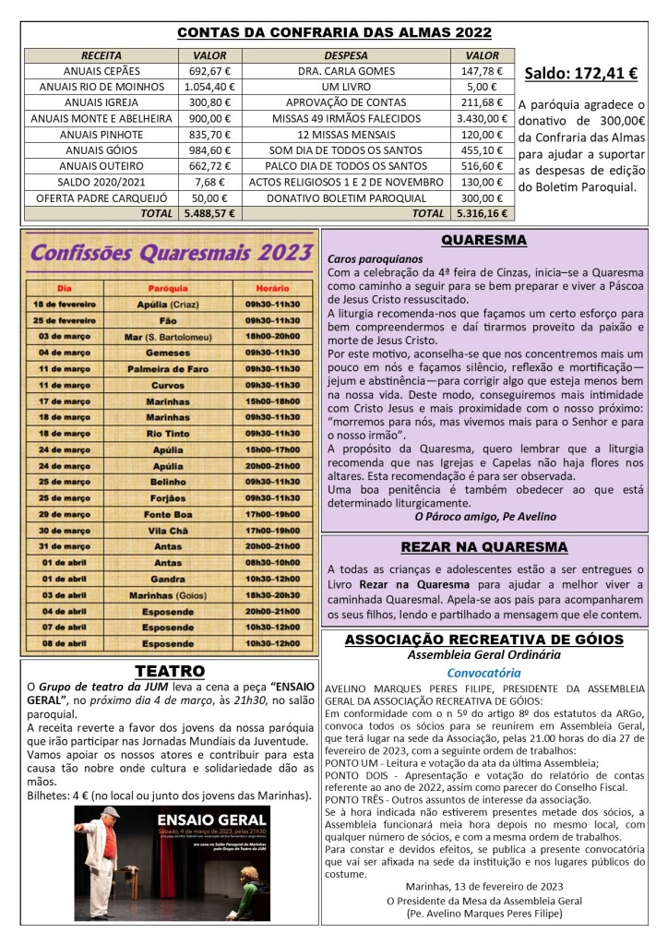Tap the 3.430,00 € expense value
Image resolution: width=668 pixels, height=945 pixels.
point(483,118)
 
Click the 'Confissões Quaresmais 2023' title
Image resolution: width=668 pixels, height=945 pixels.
point(170,252)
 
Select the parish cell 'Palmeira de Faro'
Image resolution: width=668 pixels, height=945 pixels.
point(168,368)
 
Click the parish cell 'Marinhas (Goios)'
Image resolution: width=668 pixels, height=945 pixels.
point(168,595)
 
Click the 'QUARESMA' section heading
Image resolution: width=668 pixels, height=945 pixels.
point(483,240)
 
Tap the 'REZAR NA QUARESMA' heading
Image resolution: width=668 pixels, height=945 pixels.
point(483,546)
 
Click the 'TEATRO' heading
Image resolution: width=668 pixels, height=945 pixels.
point(169,670)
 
